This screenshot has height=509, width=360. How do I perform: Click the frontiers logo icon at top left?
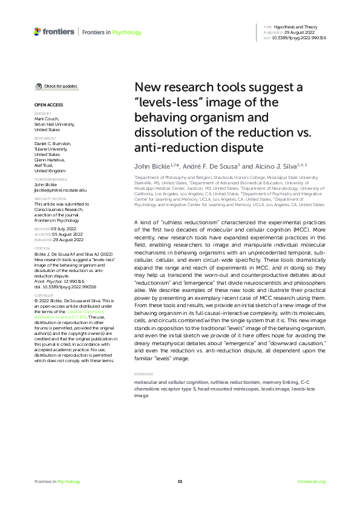point(38,31)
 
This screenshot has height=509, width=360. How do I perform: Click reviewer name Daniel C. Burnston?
point(53,143)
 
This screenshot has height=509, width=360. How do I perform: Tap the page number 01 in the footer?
point(180,481)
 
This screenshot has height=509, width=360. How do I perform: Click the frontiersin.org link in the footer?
point(312,481)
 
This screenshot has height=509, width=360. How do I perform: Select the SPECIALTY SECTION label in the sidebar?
point(50,198)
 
